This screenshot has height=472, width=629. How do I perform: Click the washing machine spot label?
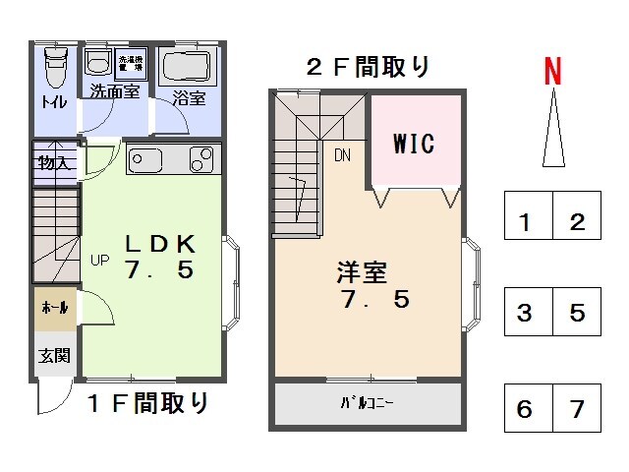click(131, 62)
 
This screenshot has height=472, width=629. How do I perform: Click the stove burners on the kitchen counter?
click(200, 158)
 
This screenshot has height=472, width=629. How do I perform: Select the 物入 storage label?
click(53, 162)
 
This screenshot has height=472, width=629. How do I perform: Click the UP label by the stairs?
click(100, 261)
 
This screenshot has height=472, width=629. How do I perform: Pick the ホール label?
click(53, 308)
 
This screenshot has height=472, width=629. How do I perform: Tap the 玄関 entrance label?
click(54, 354)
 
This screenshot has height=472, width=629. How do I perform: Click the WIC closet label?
click(414, 143)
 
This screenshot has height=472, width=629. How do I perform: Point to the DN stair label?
click(342, 155)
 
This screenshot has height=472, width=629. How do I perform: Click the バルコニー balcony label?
click(368, 403)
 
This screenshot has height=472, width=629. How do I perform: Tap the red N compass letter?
click(553, 71)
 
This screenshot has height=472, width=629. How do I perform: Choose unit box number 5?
click(578, 314)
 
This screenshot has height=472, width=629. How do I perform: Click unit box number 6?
click(526, 407)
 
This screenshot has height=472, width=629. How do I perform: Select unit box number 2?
click(578, 220)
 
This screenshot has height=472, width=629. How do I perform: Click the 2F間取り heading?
click(369, 67)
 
